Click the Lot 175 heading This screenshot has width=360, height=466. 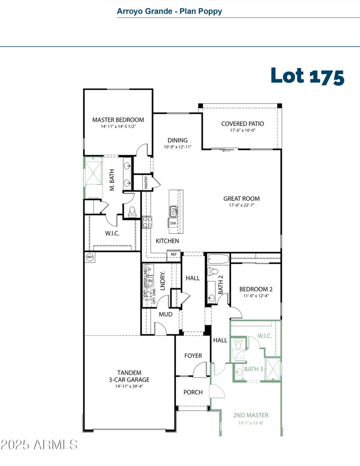tap(307, 76)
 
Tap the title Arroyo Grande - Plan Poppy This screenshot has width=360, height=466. tap(169, 11)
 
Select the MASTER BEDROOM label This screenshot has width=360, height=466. tap(118, 120)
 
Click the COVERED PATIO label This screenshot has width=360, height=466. tap(242, 124)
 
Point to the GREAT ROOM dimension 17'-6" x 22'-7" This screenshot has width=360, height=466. tap(242, 206)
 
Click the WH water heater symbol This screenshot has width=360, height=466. tap(90, 257)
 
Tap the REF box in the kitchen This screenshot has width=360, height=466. tap(174, 255)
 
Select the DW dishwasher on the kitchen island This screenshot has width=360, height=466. tap(173, 223)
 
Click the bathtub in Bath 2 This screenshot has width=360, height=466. tap(218, 259)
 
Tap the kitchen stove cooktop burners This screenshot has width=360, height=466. tap(147, 222)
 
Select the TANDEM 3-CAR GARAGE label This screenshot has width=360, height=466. tap(129, 376)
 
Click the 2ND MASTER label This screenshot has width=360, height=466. tap(251, 415)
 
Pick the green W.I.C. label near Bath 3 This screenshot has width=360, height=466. tap(265, 336)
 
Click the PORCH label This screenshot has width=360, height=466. tap(193, 392)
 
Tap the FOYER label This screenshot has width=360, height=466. tap(193, 356)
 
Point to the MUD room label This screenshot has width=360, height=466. tap(165, 314)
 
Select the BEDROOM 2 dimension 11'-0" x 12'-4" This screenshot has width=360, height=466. tap(256, 296)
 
